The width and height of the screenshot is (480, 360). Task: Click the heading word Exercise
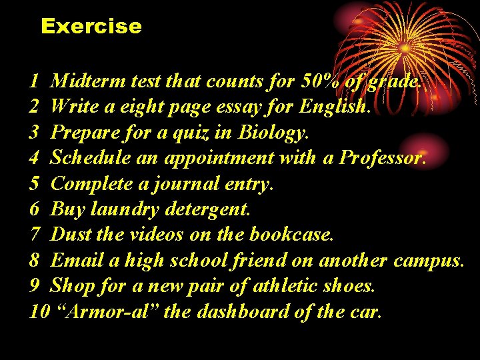pos(91,26)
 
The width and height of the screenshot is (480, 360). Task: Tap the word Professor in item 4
pos(382,158)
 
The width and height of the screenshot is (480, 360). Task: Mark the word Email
pos(75,260)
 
